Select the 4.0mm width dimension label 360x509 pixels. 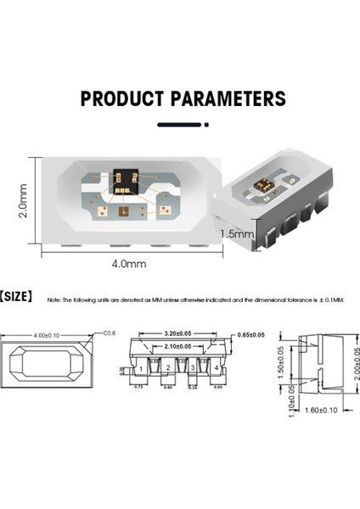click(129, 264)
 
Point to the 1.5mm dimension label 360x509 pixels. click(237, 232)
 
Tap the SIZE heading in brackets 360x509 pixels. click(16, 298)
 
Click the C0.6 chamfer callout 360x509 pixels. click(109, 333)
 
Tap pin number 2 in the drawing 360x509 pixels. click(169, 369)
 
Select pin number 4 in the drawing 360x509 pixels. click(217, 369)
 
